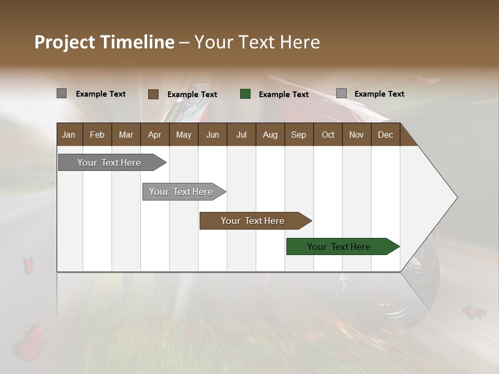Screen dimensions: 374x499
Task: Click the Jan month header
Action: click(69, 135)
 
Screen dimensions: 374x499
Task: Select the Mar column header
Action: click(126, 135)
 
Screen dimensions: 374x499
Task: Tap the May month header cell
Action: click(183, 135)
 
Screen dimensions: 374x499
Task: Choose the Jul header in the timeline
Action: click(241, 135)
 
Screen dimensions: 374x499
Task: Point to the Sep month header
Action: click(298, 135)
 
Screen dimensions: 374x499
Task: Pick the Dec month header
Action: click(385, 135)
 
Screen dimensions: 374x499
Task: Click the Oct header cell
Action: click(328, 135)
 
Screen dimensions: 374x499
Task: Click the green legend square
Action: click(245, 94)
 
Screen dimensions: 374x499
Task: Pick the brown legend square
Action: click(153, 94)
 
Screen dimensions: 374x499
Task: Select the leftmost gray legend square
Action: click(62, 94)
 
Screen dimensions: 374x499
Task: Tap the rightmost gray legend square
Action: click(342, 94)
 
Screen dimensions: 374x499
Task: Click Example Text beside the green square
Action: click(283, 95)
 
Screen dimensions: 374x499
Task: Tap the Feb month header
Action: click(97, 135)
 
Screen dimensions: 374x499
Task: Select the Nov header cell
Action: click(357, 135)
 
